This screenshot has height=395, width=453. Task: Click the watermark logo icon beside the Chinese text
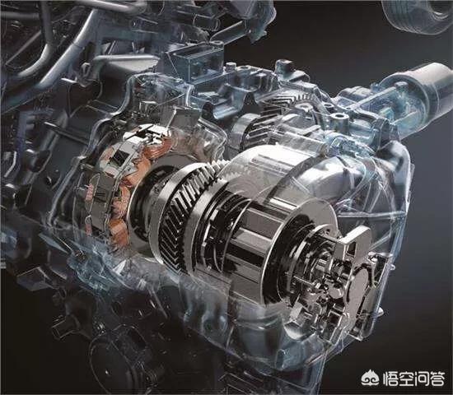(370, 377)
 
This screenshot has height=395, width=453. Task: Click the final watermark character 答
(437, 378)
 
